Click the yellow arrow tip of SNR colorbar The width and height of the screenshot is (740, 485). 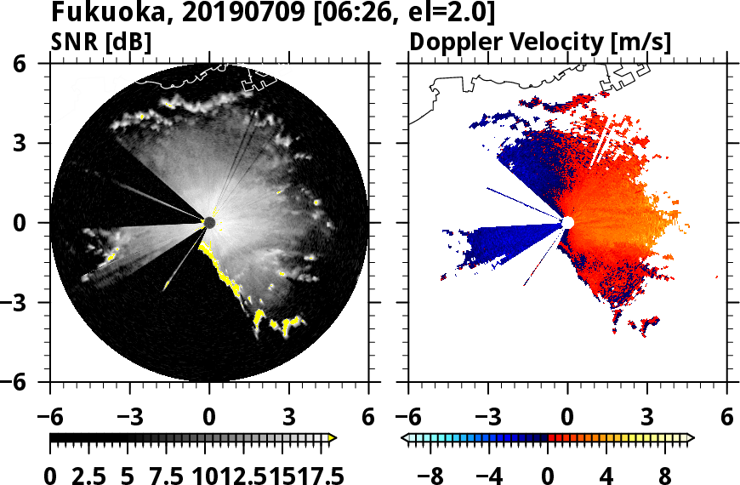click(x=333, y=438)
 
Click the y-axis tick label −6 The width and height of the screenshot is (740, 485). click(x=23, y=382)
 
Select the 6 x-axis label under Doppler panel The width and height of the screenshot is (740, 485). click(x=727, y=419)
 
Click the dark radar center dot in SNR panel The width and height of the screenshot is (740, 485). click(x=210, y=223)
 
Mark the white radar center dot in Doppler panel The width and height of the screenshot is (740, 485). click(x=568, y=222)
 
